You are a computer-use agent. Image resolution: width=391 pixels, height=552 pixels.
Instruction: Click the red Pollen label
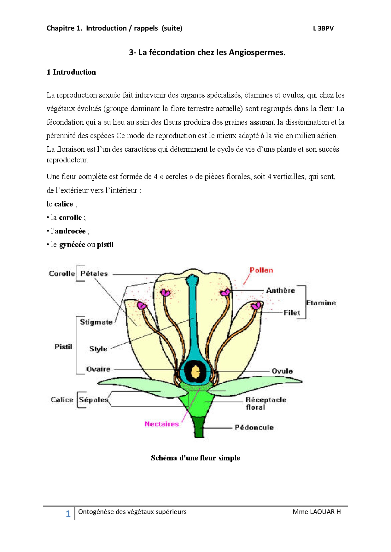coord(261,270)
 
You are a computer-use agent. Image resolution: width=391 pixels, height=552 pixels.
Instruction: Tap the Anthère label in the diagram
coord(280,290)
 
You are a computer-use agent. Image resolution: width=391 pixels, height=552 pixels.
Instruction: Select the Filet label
coord(292,313)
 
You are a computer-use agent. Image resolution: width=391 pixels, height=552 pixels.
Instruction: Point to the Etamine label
coord(321,303)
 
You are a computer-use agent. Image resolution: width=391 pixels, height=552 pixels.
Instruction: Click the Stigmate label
coord(96,322)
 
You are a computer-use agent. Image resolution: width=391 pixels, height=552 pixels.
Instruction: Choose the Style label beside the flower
coord(98,349)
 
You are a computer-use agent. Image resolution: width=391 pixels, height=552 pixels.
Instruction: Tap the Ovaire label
coord(98,369)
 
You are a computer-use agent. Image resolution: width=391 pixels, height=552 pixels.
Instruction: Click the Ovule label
coord(282,371)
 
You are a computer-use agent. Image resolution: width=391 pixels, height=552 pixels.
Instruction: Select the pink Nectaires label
coord(161,424)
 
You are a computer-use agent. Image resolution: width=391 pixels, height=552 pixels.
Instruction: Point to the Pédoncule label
coord(254,427)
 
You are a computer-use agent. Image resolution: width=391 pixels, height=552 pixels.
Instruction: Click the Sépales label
coord(93,400)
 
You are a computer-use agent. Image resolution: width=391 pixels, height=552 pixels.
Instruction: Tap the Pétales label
coord(94,273)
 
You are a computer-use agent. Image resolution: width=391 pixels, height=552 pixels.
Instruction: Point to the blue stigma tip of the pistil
coord(192,279)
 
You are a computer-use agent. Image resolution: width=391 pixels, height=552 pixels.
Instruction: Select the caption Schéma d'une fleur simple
coord(195,458)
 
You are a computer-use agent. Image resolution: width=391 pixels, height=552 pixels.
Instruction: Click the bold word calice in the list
coord(64,204)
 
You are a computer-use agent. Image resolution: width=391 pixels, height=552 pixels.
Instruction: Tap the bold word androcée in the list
coord(70,231)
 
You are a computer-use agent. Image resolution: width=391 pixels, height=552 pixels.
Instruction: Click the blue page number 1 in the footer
coord(68,514)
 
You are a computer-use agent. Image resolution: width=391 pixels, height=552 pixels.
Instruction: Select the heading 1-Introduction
coord(71,72)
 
